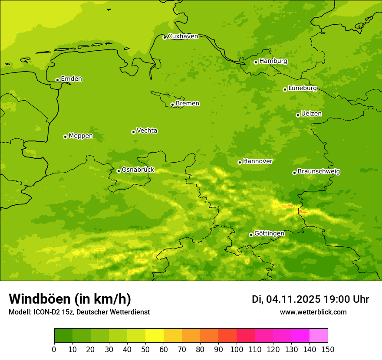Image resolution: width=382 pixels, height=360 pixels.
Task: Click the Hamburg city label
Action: [273, 61]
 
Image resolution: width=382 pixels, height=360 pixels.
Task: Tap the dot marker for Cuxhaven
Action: [165, 37]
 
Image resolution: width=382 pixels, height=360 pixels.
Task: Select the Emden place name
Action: [71, 79]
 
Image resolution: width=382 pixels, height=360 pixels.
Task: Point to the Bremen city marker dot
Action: [172, 105]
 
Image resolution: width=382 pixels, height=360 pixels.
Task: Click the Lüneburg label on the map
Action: [302, 88]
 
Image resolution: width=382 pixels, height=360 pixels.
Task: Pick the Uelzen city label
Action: [311, 114]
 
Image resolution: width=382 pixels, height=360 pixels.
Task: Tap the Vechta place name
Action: [147, 131]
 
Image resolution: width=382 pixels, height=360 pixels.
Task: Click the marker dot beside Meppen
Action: [65, 137]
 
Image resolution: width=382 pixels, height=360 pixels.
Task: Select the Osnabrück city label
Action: [138, 170]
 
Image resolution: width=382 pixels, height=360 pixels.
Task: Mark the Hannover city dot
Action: [240, 162]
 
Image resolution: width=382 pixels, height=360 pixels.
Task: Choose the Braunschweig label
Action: [319, 171]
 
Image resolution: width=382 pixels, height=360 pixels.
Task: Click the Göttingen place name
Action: [269, 233]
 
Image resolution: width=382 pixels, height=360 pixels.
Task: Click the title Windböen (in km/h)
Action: [70, 299]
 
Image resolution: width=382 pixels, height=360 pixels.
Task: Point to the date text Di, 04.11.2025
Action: [286, 299]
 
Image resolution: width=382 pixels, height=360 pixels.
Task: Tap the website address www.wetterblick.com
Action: [313, 312]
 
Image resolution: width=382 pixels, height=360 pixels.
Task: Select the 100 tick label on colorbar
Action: [237, 349]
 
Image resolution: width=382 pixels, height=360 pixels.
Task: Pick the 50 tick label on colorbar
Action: [145, 349]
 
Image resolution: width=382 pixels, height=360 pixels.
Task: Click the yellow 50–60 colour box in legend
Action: [155, 336]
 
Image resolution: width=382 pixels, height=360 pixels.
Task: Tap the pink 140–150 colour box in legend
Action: [319, 336]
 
